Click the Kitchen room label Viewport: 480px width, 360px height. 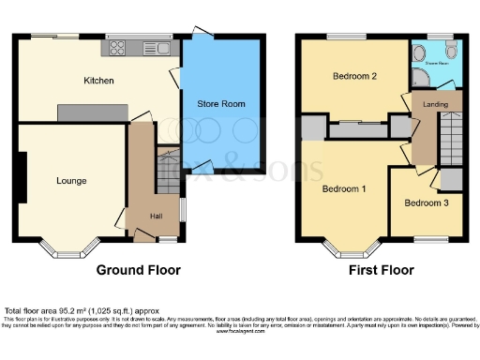pyautogui.click(x=98, y=81)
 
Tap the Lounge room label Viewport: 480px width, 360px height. pyautogui.click(x=71, y=180)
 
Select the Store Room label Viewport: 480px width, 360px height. pyautogui.click(x=220, y=103)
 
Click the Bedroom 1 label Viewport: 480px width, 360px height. pyautogui.click(x=344, y=188)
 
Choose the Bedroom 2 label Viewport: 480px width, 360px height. pyautogui.click(x=354, y=77)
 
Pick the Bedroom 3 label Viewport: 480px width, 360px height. pyautogui.click(x=427, y=202)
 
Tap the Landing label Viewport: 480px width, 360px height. pyautogui.click(x=435, y=104)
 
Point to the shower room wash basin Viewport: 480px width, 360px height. pyautogui.click(x=417, y=51)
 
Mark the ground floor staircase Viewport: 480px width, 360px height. pyautogui.click(x=168, y=172)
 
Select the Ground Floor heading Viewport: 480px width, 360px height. pyautogui.click(x=139, y=270)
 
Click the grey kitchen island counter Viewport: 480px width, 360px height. pyautogui.click(x=87, y=112)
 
